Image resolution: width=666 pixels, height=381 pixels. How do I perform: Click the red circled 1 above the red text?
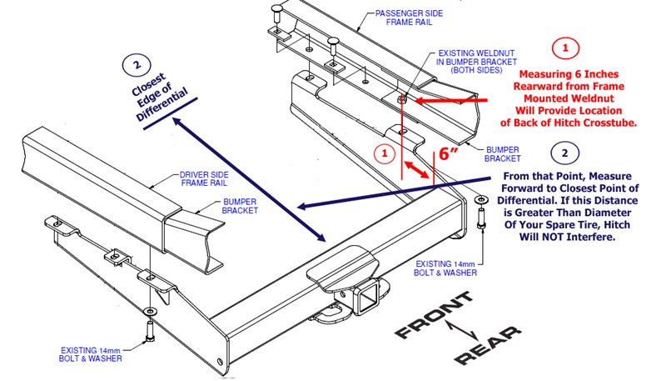pos(565,48)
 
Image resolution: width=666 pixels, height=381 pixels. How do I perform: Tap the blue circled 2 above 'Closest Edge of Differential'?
pos(137,63)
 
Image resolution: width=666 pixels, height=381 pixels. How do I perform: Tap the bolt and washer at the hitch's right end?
pos(481,216)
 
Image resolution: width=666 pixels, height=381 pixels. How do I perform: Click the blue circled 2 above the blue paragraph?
pos(565,153)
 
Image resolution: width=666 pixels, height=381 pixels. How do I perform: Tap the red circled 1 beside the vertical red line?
pos(383,153)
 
